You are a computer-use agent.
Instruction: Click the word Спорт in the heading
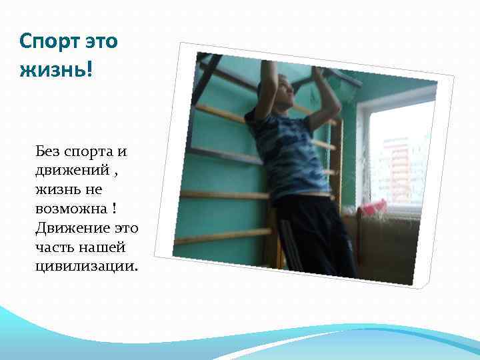49,42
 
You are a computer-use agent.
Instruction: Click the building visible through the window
398,170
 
